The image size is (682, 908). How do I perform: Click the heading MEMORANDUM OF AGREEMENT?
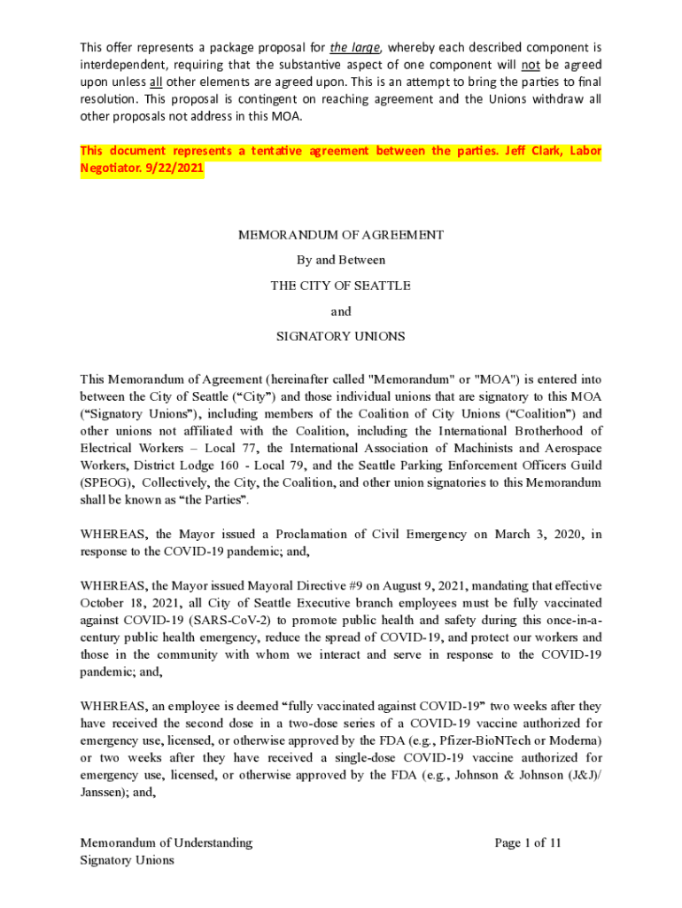click(x=341, y=235)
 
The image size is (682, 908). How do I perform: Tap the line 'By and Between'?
click(x=341, y=261)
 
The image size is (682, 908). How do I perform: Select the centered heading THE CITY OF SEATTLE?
click(x=341, y=286)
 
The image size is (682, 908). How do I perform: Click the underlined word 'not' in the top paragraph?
click(x=531, y=64)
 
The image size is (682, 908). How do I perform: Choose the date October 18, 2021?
click(x=123, y=603)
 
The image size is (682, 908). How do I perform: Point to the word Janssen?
click(x=105, y=792)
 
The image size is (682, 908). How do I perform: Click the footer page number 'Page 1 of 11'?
click(x=528, y=842)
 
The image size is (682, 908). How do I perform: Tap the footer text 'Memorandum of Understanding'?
click(x=167, y=842)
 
